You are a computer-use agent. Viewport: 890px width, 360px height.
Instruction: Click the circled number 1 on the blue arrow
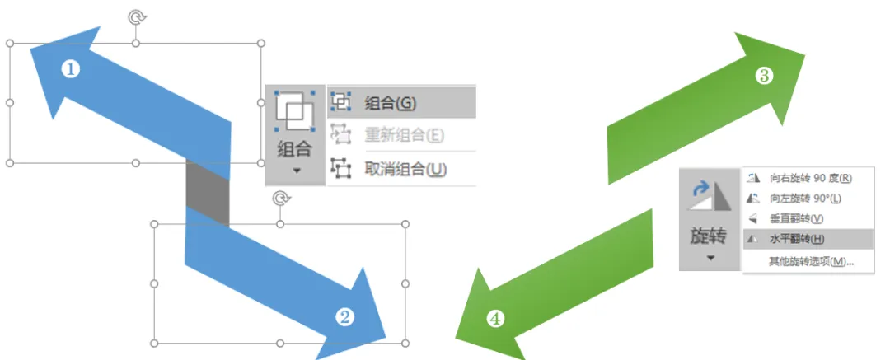tap(71, 69)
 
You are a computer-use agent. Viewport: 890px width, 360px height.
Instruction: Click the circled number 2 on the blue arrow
tap(346, 316)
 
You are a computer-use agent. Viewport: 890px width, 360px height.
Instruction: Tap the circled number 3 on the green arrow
tap(764, 76)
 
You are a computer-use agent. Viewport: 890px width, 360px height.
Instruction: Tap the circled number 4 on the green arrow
tap(494, 319)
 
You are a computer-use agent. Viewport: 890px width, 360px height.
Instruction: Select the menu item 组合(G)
tap(390, 103)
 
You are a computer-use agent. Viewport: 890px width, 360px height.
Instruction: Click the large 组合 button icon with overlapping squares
tap(294, 110)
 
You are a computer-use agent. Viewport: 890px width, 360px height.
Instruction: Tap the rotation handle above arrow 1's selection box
tap(136, 16)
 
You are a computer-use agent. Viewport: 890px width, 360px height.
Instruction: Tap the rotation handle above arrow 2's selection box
tap(280, 199)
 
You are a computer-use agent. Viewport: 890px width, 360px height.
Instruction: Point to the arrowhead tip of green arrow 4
tap(458, 338)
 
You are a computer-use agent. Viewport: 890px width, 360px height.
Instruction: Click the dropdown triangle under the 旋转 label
tap(710, 257)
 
